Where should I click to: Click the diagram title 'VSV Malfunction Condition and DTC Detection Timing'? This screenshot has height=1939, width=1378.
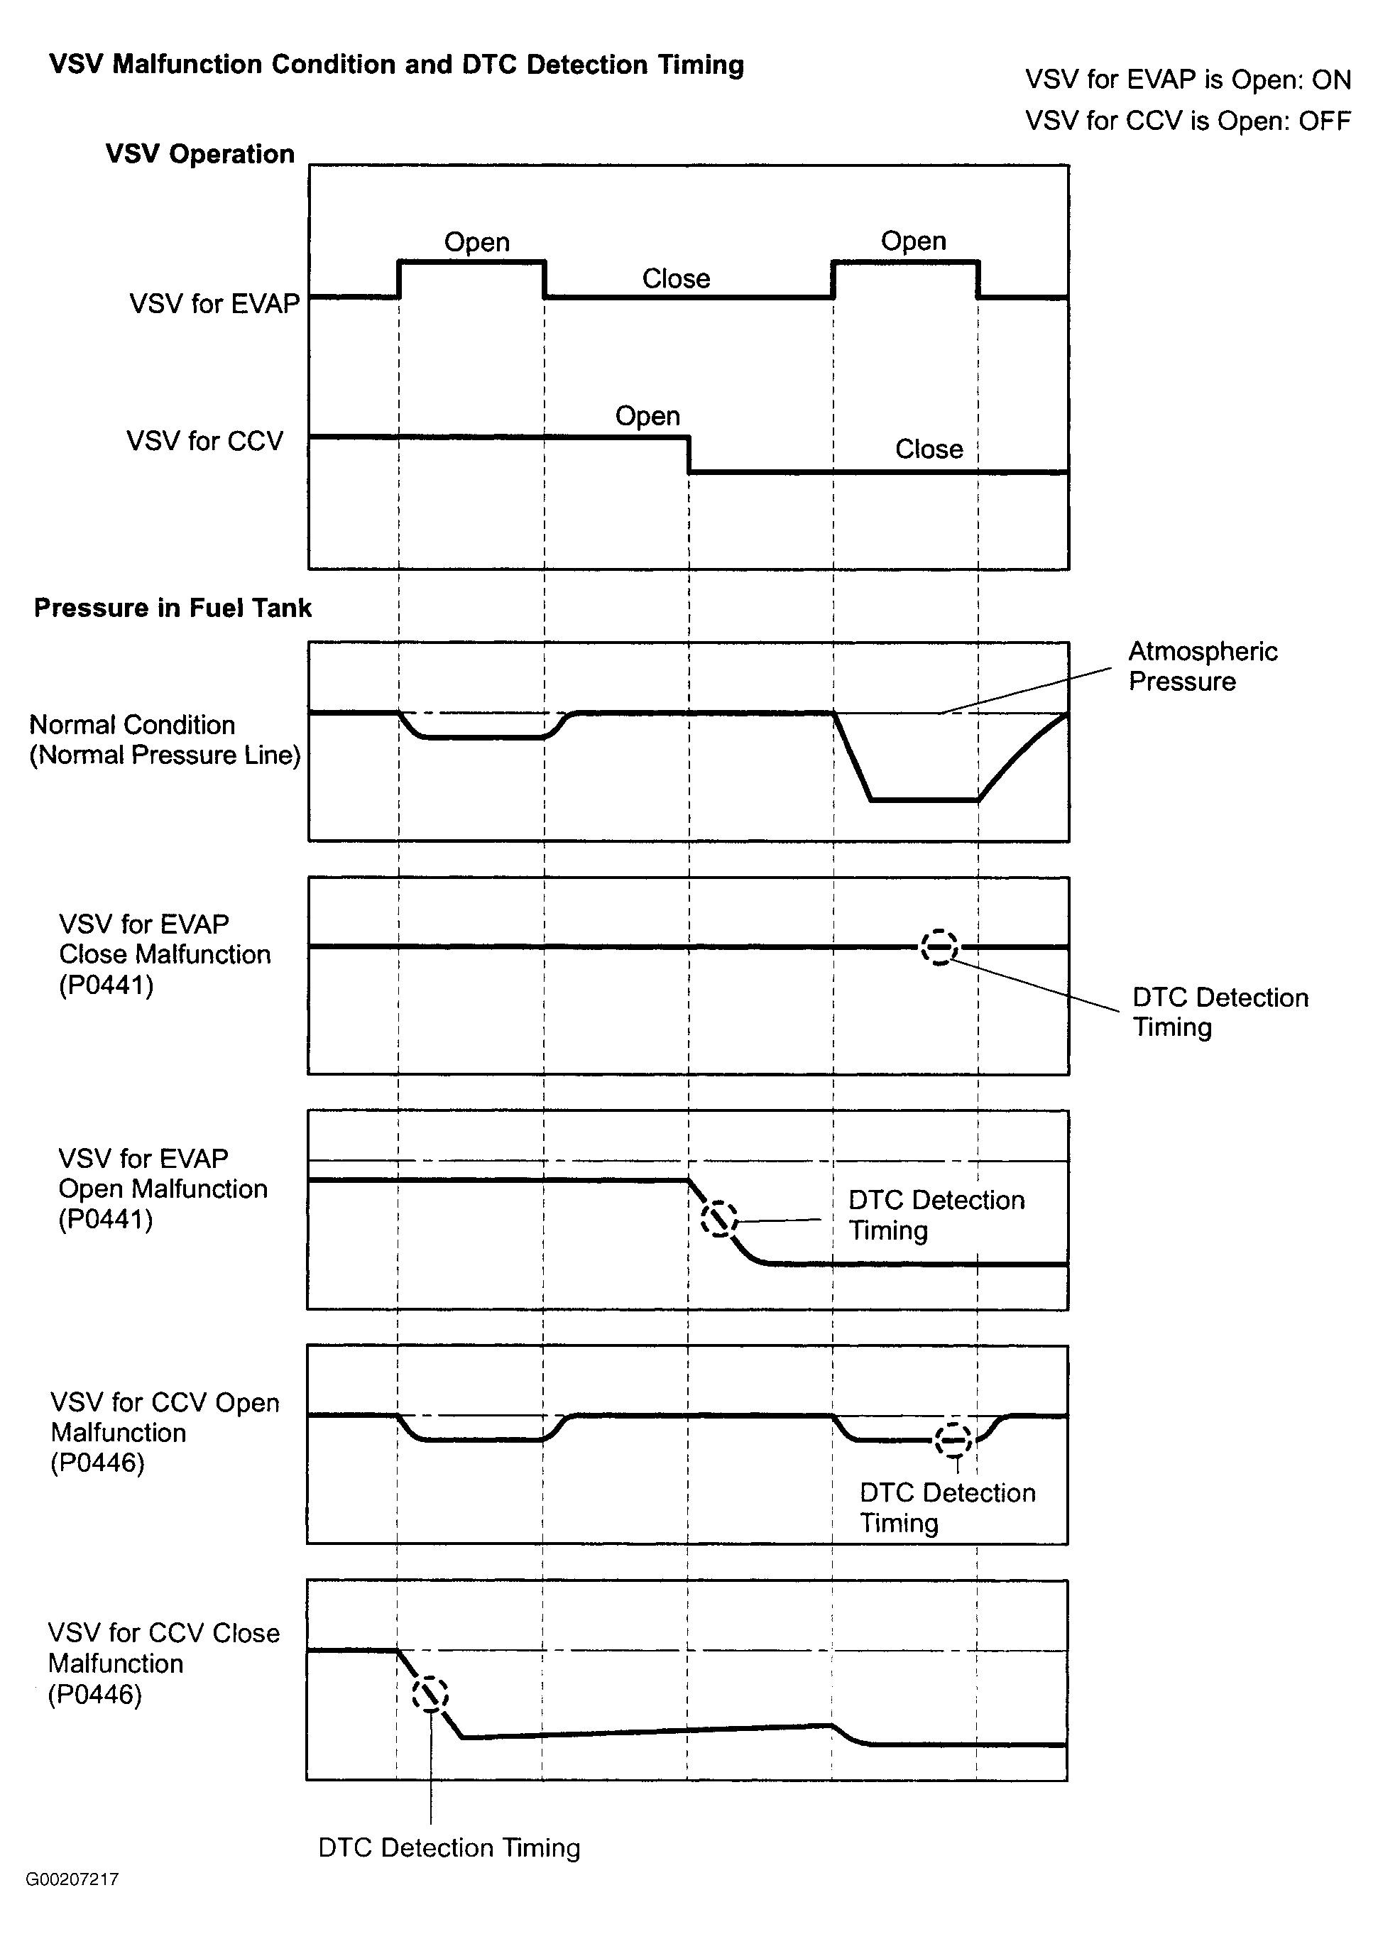point(396,65)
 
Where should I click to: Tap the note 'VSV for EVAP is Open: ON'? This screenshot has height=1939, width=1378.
point(1187,80)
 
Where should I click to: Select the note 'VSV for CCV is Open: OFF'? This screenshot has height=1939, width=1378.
point(1187,121)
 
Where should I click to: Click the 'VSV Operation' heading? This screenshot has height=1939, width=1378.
point(200,155)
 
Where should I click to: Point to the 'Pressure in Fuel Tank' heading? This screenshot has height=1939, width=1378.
point(173,608)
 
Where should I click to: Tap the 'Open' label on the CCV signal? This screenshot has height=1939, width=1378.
point(647,416)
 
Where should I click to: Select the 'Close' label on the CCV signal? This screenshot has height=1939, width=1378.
point(929,449)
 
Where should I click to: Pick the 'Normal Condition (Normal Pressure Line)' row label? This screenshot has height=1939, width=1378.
point(165,740)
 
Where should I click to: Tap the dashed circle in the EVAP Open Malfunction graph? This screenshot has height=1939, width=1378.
point(718,1219)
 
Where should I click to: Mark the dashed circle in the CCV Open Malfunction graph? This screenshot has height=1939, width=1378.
point(953,1440)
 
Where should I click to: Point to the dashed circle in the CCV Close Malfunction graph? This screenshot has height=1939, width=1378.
point(430,1695)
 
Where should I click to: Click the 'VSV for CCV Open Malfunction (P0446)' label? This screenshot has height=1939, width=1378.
point(165,1432)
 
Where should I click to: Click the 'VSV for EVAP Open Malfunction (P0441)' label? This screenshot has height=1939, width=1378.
point(163,1189)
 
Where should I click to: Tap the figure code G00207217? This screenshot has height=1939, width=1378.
point(72,1879)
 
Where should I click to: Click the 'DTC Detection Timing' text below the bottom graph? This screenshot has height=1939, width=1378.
point(449,1847)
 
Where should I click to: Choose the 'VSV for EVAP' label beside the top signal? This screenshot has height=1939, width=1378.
point(214,304)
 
